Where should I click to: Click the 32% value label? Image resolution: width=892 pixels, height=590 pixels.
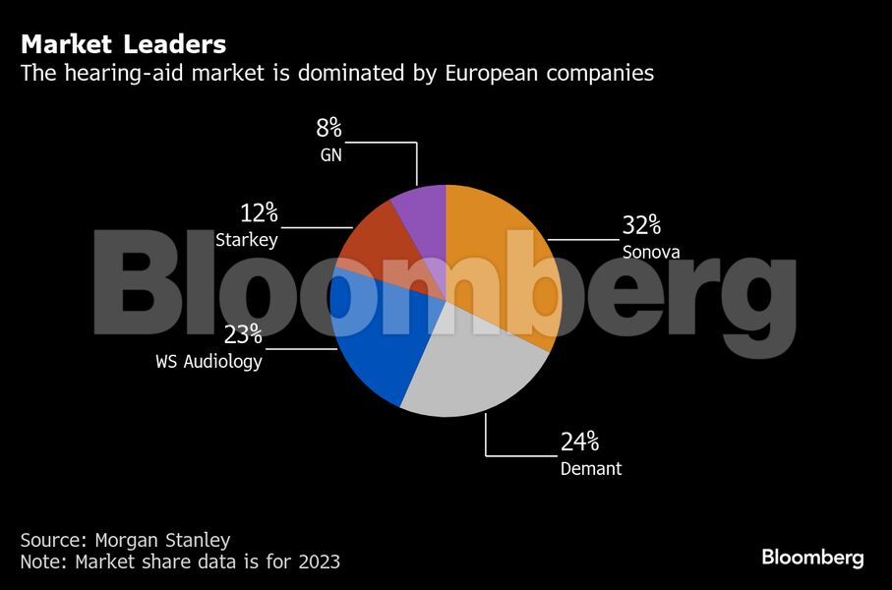(x=640, y=225)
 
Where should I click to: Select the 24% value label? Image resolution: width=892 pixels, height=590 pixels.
(x=579, y=442)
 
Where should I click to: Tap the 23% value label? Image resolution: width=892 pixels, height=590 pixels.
(x=242, y=335)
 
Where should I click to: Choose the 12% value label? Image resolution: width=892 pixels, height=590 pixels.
(x=260, y=213)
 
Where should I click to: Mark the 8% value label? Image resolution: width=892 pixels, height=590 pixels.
(x=328, y=129)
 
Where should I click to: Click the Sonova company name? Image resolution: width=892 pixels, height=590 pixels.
(x=651, y=252)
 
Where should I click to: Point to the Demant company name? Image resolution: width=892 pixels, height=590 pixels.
(x=591, y=469)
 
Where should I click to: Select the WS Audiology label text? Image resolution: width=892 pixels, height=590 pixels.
(x=208, y=362)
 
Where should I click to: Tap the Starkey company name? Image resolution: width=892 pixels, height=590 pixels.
(x=247, y=240)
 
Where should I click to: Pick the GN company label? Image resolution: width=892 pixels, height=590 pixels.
(x=330, y=154)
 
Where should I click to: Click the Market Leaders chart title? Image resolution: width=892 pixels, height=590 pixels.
(x=123, y=44)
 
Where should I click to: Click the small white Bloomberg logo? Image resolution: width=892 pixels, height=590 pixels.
(x=812, y=558)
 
